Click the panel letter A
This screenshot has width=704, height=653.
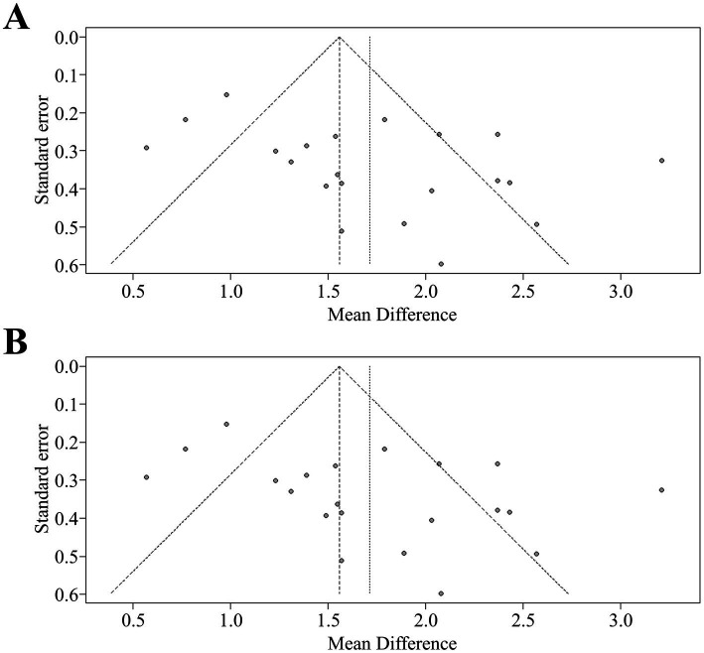16,18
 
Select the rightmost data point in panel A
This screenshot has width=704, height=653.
661,160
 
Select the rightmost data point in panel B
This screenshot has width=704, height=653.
661,489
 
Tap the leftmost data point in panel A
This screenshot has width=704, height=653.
146,148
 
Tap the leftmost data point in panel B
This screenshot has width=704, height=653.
146,477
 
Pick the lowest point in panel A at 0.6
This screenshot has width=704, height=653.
441,264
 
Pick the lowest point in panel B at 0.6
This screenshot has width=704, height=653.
441,593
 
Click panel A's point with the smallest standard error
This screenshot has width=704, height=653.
226,94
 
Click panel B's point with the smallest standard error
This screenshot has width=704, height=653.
226,424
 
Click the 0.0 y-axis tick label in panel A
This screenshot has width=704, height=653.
67,37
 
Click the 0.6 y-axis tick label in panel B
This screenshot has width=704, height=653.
67,594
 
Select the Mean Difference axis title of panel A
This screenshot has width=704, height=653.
392,315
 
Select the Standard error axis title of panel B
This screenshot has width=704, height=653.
42,478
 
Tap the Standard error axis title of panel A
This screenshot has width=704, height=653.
42,149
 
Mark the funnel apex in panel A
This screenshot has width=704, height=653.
340,37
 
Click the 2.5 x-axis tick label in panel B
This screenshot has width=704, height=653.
523,621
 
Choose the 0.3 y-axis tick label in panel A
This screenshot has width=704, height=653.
67,151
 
